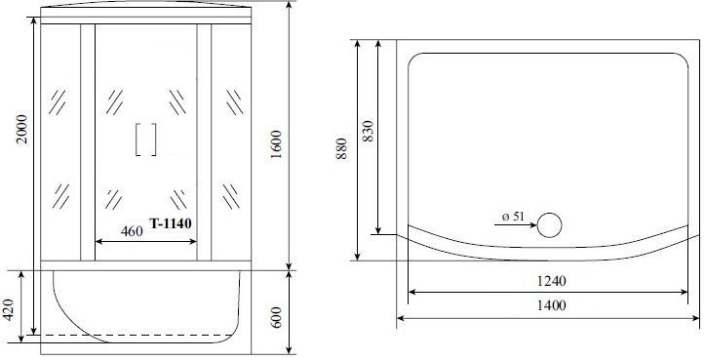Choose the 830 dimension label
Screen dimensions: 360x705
click(369, 134)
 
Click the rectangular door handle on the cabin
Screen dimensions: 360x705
click(146, 140)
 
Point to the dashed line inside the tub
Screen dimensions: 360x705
click(146, 335)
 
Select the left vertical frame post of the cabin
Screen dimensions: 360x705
click(88, 142)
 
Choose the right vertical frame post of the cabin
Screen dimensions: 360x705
click(204, 142)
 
